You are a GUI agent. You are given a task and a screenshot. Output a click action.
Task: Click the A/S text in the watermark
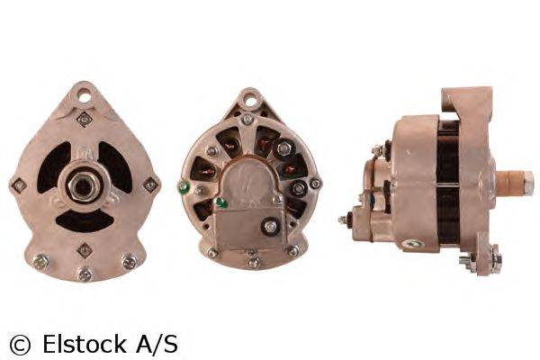click(157, 343)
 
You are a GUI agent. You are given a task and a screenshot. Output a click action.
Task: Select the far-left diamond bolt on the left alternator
click(18, 186)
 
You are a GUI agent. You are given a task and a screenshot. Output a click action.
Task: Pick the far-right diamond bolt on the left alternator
click(150, 184)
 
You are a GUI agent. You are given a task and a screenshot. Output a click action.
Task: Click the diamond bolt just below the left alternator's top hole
click(85, 118)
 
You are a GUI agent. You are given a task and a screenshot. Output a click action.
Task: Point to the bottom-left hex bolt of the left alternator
click(40, 263)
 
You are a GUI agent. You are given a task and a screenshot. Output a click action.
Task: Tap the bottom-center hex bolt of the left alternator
click(85, 274)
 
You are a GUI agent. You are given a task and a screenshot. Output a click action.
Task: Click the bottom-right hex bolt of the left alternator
click(129, 263)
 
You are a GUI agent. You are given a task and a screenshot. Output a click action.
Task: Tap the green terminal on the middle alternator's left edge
click(183, 188)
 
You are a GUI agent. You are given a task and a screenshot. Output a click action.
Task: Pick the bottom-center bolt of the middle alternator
click(254, 263)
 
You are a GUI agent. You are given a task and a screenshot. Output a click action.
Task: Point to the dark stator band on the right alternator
click(447, 180)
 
